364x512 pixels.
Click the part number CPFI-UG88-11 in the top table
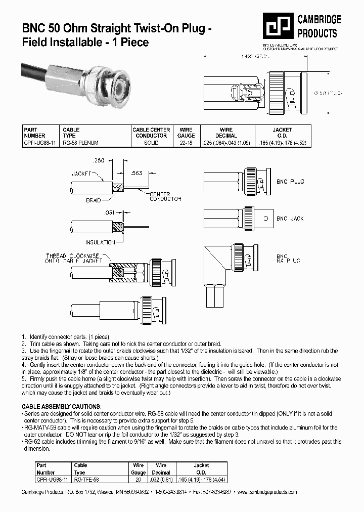coord(39,143)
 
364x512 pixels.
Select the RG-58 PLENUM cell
coord(80,143)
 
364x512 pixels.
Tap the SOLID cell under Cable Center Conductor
coord(151,143)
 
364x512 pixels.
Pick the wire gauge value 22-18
coord(186,143)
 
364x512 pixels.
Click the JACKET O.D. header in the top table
coord(282,133)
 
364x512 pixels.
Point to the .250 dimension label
coord(99,160)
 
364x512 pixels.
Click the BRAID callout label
coord(94,201)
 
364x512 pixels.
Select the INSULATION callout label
coord(100,242)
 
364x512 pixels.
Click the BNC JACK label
coord(290,219)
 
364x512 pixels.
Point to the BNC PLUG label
coord(290,181)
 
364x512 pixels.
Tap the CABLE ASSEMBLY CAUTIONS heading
coord(61,407)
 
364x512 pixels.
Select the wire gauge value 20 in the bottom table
coord(138,479)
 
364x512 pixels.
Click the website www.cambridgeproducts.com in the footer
coord(266,492)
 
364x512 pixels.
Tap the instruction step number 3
coord(23,351)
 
